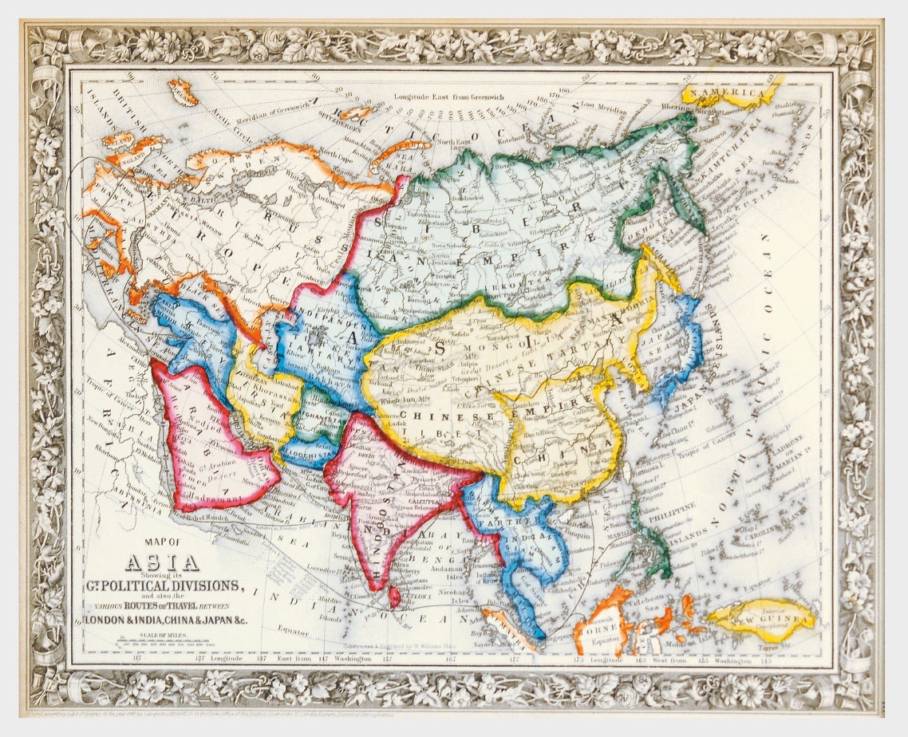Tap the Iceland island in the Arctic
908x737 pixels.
click(182, 94)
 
